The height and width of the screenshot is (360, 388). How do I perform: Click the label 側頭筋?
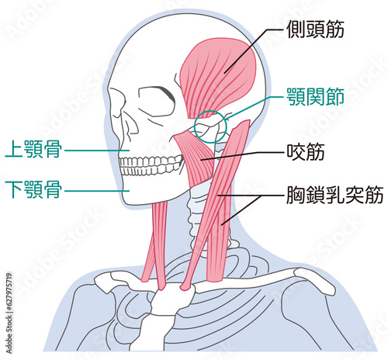[x=315, y=29]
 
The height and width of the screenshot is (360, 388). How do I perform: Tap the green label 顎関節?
[x=315, y=97]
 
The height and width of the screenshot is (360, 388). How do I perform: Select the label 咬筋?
[x=306, y=151]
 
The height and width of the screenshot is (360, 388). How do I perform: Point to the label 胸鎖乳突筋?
[x=334, y=195]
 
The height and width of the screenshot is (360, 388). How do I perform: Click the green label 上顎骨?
[x=33, y=149]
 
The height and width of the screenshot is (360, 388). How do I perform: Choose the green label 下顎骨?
[x=33, y=189]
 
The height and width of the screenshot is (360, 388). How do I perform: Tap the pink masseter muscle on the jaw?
[x=196, y=157]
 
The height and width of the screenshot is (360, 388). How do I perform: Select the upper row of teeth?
[x=150, y=161]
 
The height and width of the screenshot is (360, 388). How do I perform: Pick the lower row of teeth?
[x=150, y=171]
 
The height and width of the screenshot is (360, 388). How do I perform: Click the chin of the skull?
[x=130, y=198]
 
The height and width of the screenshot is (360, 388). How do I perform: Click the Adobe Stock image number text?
[x=9, y=313]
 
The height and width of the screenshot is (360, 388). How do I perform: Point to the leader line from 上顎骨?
[x=97, y=151]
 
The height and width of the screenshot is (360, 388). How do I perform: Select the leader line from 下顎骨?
[x=97, y=191]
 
